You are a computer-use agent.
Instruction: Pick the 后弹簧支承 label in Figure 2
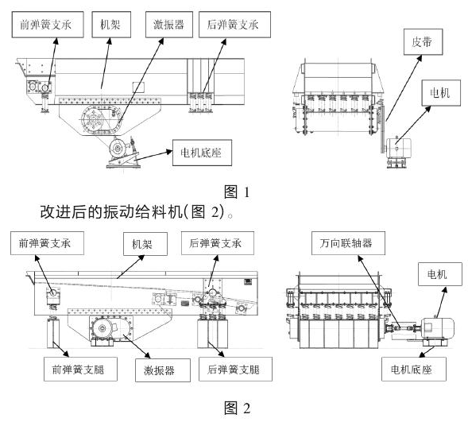pos(212,242)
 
